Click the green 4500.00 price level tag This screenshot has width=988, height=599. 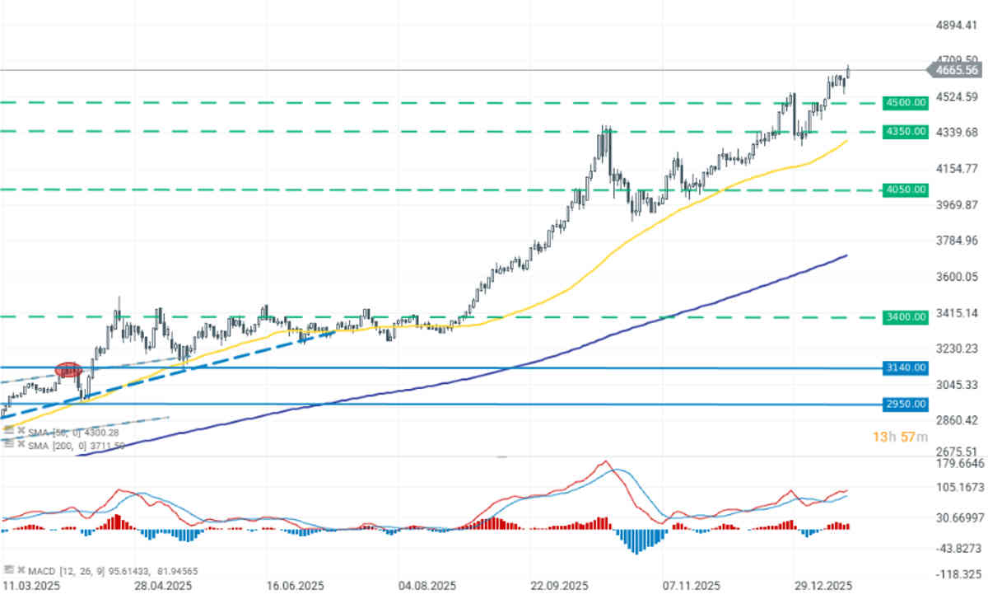coord(905,103)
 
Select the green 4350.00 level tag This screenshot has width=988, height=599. coord(905,131)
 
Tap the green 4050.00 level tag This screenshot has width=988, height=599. coord(905,190)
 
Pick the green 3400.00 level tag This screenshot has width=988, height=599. coord(905,316)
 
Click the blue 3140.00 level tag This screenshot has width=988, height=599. coord(905,367)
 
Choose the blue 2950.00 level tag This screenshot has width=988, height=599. coord(905,404)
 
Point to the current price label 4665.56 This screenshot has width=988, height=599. coord(955,71)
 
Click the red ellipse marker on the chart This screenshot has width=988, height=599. coord(68,371)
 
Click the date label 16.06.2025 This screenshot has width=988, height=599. coord(295,586)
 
